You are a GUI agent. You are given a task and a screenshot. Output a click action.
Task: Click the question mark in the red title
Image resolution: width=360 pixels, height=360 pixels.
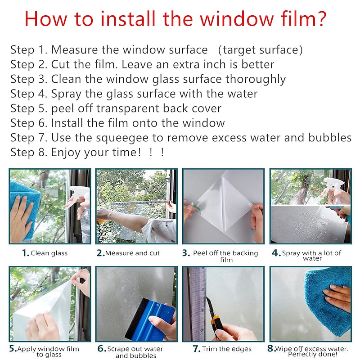pyautogui.click(x=320, y=18)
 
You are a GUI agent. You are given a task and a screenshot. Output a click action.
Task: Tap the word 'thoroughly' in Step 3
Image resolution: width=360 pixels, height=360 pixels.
pyautogui.click(x=256, y=80)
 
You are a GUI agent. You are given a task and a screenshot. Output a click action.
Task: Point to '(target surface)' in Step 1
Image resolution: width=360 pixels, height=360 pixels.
pyautogui.click(x=260, y=50)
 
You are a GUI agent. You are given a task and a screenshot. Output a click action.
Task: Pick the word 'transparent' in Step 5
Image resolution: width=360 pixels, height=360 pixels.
pyautogui.click(x=128, y=108)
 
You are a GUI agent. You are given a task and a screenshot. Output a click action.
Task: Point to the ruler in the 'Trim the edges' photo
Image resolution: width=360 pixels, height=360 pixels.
pyautogui.click(x=197, y=303)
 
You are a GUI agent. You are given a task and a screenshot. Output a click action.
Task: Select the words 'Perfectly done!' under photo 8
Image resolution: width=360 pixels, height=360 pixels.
pyautogui.click(x=313, y=354)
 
